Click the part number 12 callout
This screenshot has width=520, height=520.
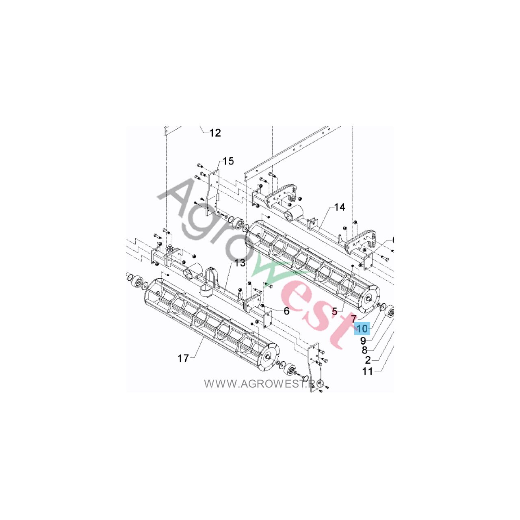pyautogui.click(x=215, y=133)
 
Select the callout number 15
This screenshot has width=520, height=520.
pyautogui.click(x=228, y=161)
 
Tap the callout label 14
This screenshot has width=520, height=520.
pyautogui.click(x=340, y=207)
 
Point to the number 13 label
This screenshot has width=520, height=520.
pyautogui.click(x=240, y=262)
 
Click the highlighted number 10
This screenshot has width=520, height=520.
pyautogui.click(x=362, y=328)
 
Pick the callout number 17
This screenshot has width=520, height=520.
pyautogui.click(x=183, y=359)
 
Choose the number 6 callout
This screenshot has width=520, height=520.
pyautogui.click(x=286, y=311)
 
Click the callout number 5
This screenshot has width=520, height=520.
pyautogui.click(x=335, y=312)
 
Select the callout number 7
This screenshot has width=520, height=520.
pyautogui.click(x=354, y=318)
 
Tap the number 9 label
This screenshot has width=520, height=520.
pyautogui.click(x=363, y=340)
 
